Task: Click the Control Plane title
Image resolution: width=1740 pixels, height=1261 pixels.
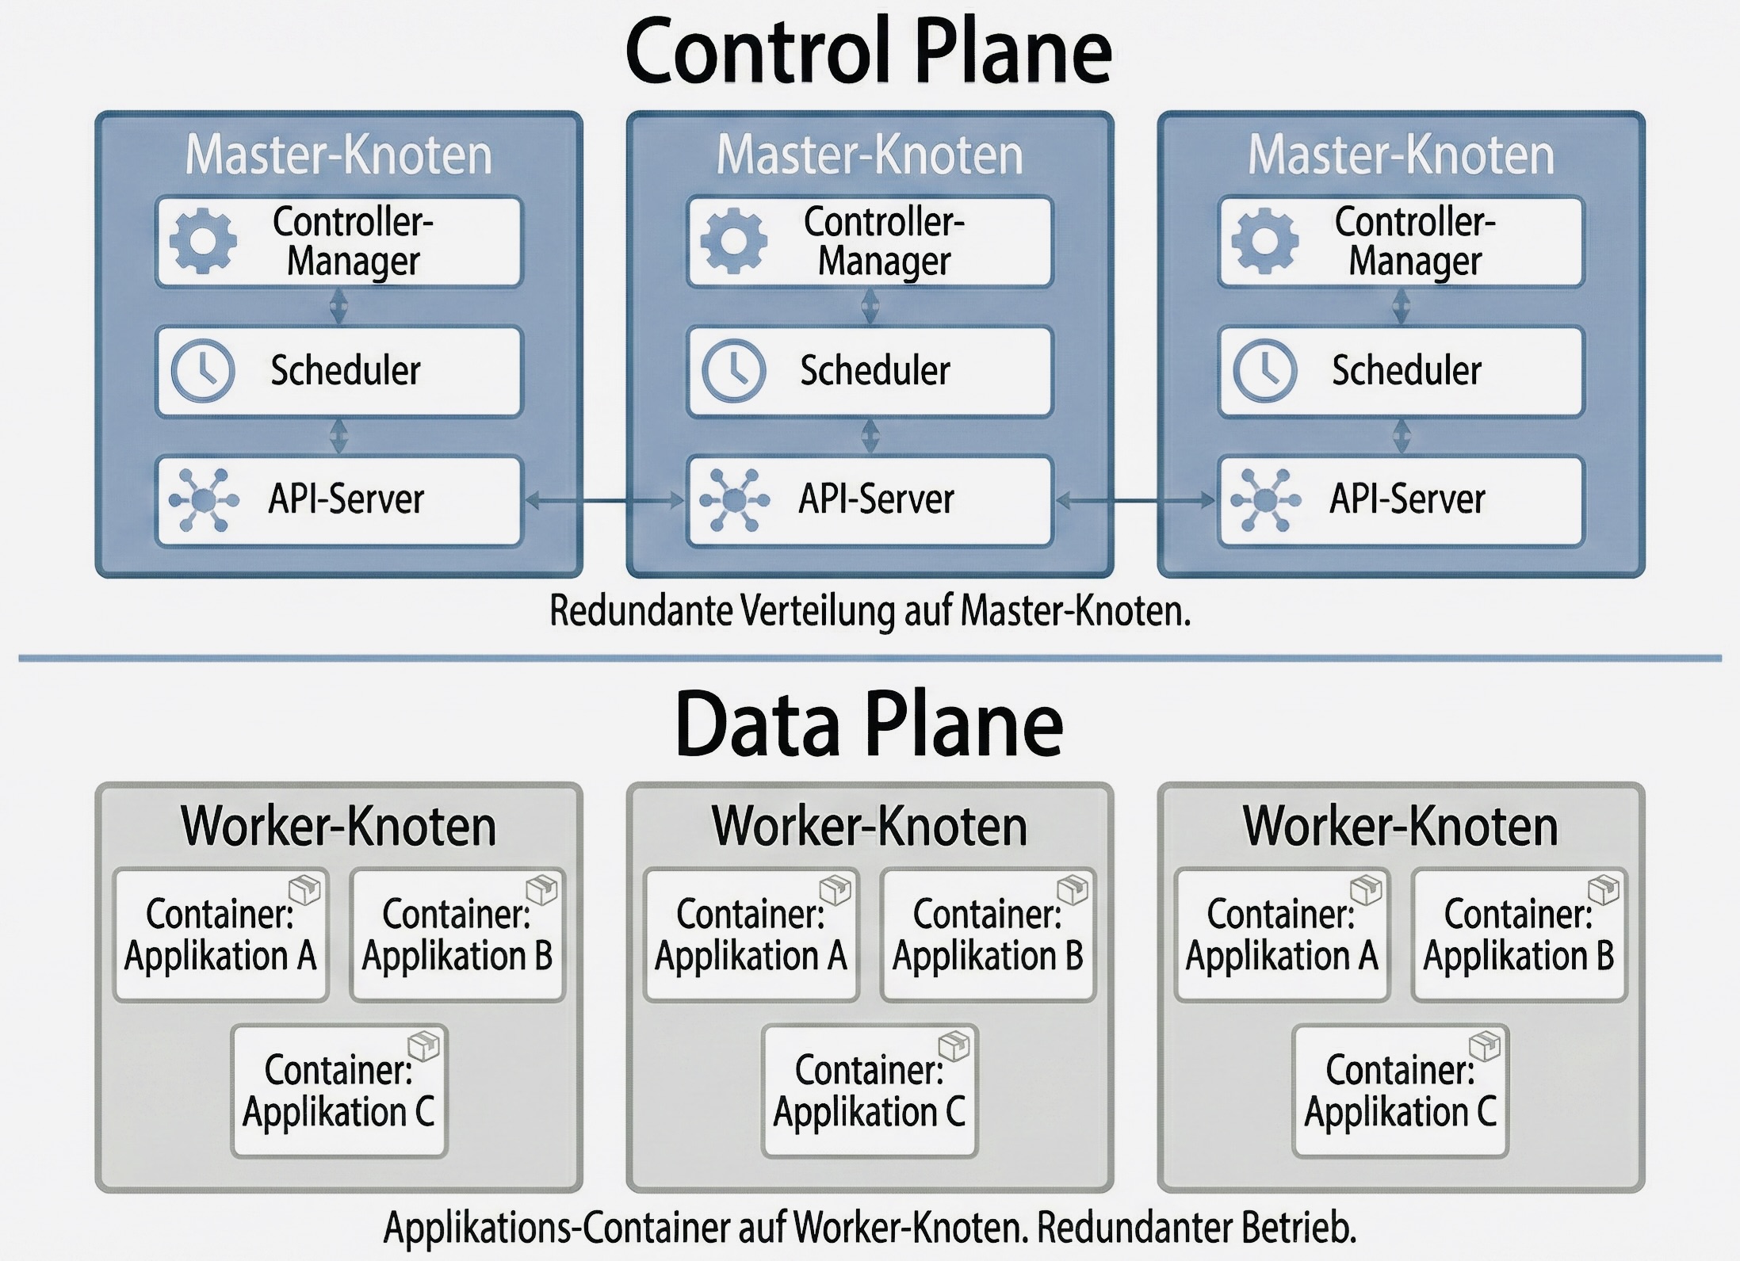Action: (x=869, y=52)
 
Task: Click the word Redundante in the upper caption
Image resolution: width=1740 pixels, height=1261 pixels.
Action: (x=641, y=612)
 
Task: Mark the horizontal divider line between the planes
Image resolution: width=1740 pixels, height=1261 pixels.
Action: (x=869, y=658)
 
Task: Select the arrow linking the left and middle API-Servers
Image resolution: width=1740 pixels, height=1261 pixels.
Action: (x=605, y=500)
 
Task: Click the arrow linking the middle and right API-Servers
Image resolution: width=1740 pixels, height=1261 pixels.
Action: (x=1136, y=500)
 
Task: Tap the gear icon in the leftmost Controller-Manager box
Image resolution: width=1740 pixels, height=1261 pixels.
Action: (x=203, y=241)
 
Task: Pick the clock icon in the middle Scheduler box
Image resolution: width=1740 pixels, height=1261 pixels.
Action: (x=734, y=370)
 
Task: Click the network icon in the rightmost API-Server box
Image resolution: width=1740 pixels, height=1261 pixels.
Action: (x=1265, y=499)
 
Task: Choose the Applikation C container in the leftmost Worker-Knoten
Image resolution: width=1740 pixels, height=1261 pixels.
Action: (x=339, y=1091)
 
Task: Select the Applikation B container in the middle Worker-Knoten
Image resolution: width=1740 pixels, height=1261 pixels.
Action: (x=988, y=935)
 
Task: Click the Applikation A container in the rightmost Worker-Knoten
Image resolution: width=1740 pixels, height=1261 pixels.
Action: (x=1282, y=935)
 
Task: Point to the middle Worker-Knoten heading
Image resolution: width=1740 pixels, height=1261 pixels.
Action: (x=870, y=827)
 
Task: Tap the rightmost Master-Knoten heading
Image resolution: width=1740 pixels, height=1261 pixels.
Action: (x=1401, y=155)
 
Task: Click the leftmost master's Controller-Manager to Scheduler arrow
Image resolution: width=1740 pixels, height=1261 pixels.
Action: (x=338, y=307)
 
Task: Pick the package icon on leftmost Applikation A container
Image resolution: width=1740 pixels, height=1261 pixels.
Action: (x=304, y=889)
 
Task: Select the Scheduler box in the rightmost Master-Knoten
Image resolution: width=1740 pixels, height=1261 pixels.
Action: (x=1401, y=371)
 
